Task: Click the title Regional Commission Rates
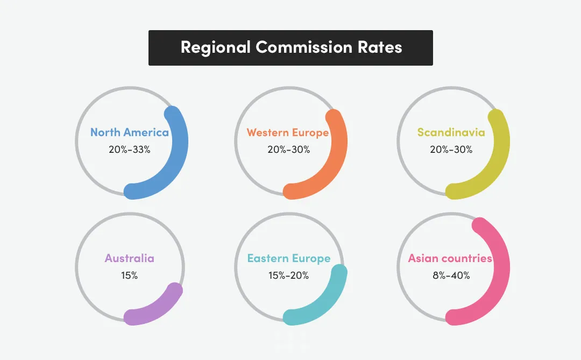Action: click(x=291, y=47)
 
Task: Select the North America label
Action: click(x=130, y=132)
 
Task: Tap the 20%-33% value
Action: click(x=129, y=149)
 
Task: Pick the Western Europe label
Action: click(x=288, y=132)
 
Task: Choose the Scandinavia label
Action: click(x=451, y=132)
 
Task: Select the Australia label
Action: click(x=129, y=258)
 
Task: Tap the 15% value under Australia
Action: click(x=129, y=275)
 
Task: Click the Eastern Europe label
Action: click(x=289, y=258)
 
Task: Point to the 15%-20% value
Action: click(x=289, y=275)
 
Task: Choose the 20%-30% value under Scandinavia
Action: click(x=451, y=149)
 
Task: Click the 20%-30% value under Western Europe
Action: click(x=289, y=149)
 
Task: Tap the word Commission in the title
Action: click(x=304, y=47)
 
